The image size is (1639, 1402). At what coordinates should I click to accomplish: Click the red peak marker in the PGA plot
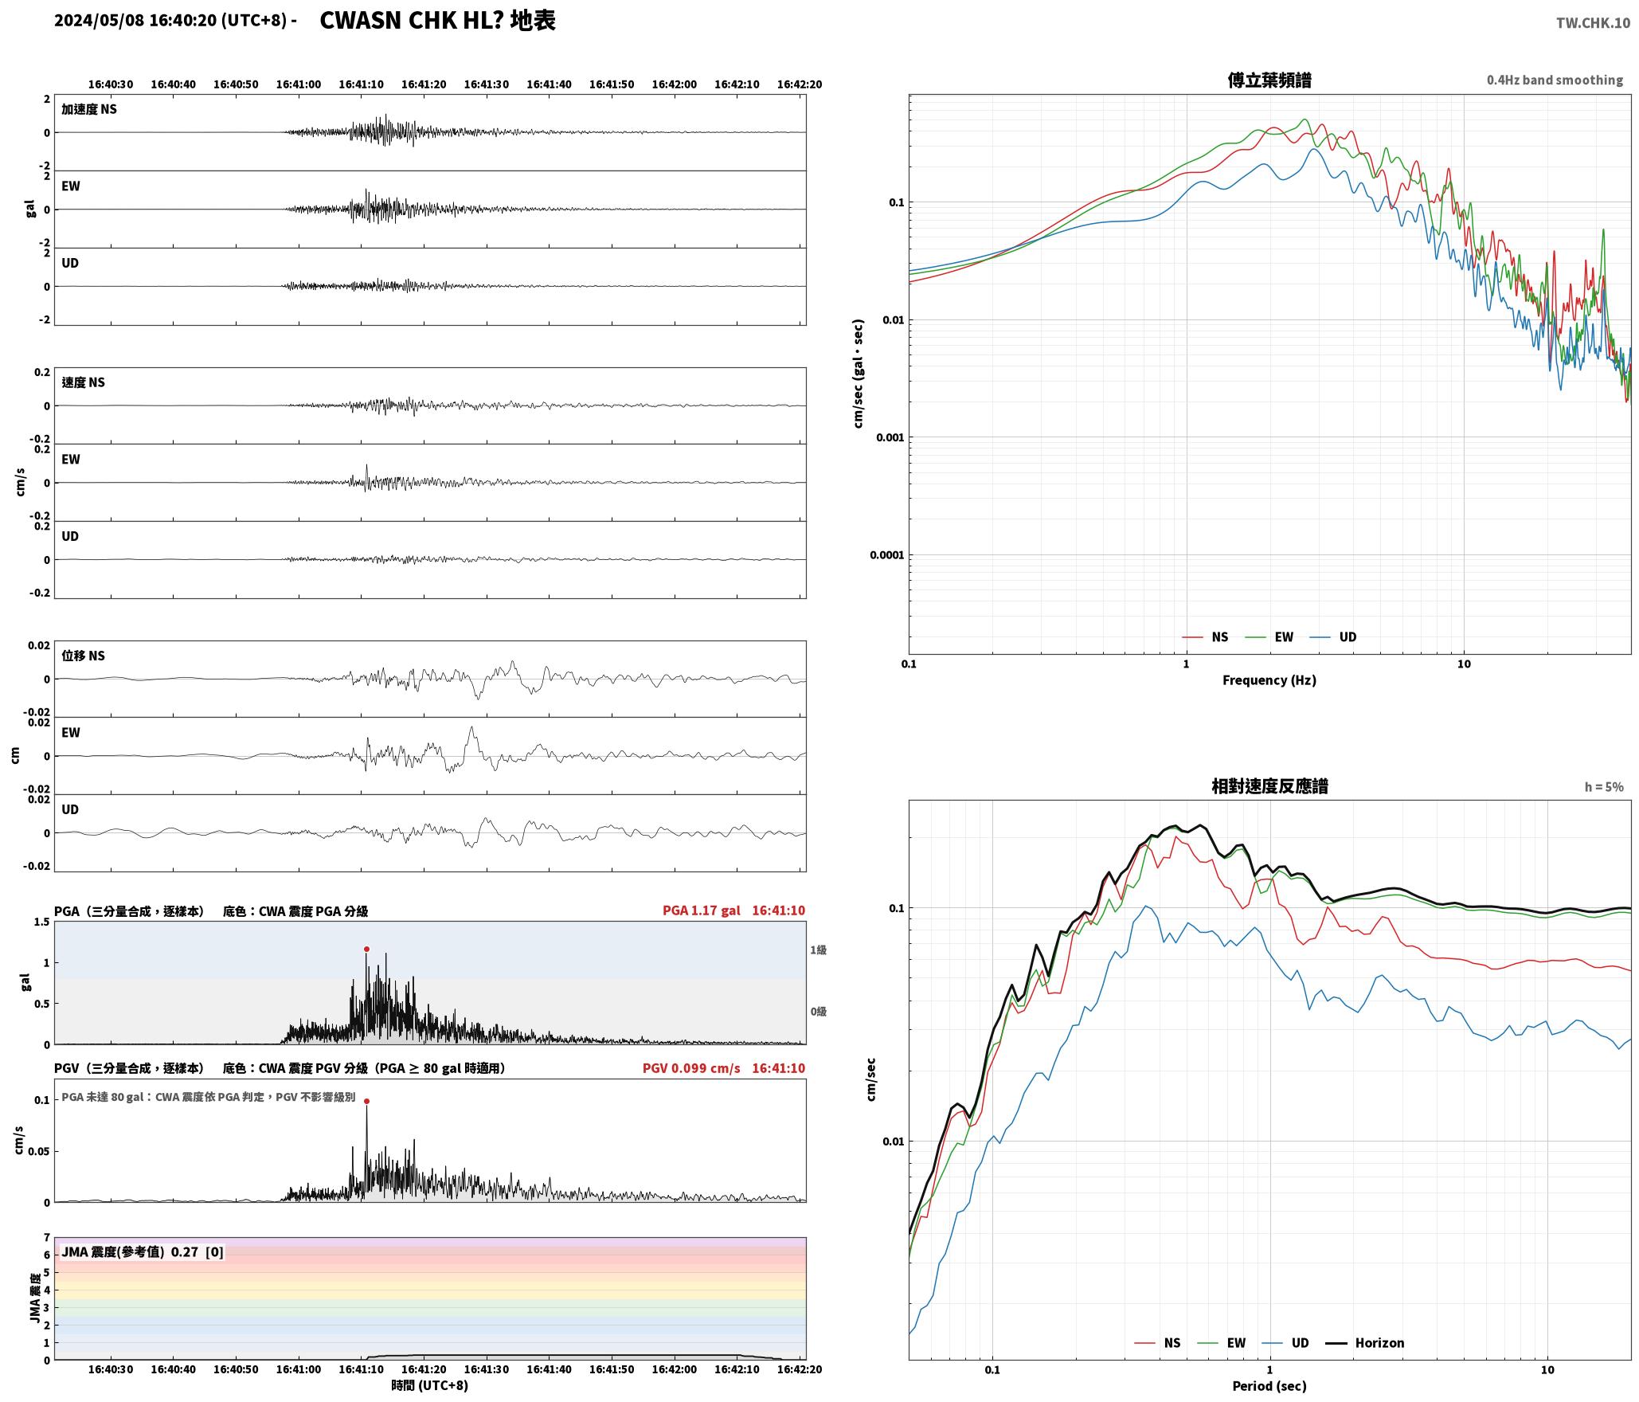(366, 949)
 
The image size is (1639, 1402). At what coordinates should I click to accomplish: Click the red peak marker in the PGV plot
(366, 1101)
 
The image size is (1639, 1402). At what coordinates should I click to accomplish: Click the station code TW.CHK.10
(1593, 23)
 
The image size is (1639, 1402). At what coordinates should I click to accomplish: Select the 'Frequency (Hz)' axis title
(1269, 679)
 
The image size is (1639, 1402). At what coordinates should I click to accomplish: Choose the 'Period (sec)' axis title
(1269, 1385)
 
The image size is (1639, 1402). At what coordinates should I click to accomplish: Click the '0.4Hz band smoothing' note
(1555, 80)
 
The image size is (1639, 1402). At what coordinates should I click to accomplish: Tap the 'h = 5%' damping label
(1604, 786)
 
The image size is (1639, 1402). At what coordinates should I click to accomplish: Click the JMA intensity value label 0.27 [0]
(198, 1251)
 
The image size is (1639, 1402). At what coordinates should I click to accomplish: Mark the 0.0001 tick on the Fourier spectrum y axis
(887, 555)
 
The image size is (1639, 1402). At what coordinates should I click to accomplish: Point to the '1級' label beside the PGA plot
(818, 950)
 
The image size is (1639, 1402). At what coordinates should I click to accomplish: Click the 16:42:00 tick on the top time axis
(674, 84)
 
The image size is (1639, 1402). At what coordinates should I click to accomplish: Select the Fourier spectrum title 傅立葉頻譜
(1269, 80)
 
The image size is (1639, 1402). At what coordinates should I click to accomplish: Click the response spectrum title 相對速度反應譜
(1269, 786)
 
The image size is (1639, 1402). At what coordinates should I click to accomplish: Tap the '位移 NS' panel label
(83, 656)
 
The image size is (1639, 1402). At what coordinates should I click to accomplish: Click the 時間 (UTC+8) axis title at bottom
(429, 1385)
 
